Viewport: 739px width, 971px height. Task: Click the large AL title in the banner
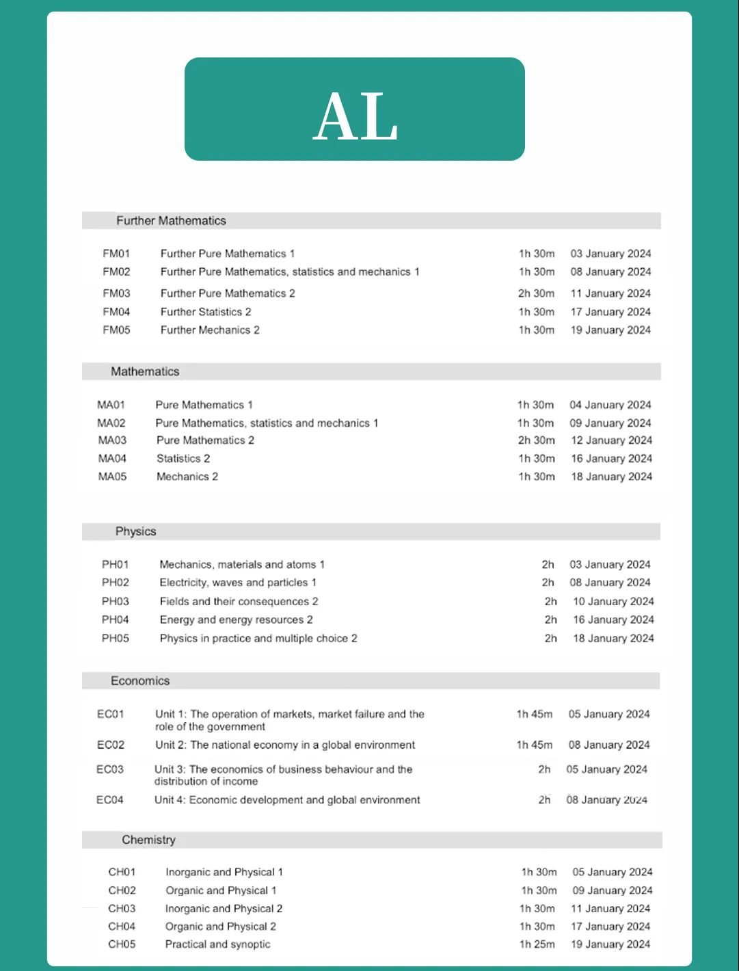355,117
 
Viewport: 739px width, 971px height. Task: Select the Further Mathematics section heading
171,221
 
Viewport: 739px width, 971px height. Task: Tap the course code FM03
116,293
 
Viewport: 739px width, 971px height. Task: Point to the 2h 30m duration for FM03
536,293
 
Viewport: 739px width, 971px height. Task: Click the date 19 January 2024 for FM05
610,330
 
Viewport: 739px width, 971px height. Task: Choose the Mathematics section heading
145,371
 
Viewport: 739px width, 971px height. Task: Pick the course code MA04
112,459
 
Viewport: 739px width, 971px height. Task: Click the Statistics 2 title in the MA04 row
183,459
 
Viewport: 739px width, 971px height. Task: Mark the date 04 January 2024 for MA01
610,405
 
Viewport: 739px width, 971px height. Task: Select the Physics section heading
135,531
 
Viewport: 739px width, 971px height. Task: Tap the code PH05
116,639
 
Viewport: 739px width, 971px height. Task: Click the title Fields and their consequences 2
239,602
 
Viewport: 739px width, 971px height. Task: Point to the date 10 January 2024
613,602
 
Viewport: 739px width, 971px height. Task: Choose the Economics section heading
140,681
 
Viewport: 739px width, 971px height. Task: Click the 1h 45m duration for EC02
535,745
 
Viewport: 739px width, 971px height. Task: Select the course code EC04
110,800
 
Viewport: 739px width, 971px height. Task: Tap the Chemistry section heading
148,840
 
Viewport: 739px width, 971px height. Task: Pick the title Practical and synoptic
217,944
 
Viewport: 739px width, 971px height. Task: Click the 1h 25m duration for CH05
537,944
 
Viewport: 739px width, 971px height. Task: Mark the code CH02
122,890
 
